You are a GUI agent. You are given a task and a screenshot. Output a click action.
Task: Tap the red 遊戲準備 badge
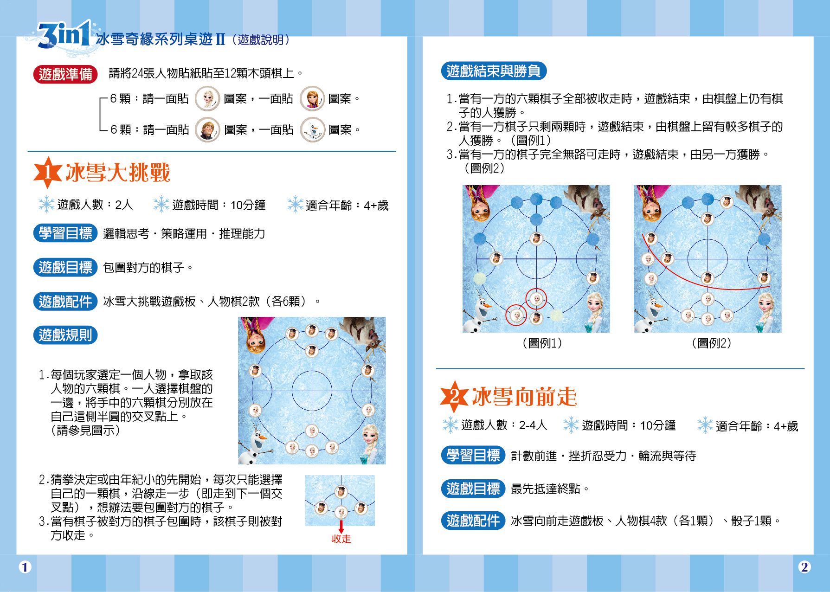(65, 74)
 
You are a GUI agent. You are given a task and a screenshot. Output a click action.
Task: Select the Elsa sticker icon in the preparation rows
(206, 98)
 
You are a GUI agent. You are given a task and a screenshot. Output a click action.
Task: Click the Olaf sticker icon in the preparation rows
(312, 130)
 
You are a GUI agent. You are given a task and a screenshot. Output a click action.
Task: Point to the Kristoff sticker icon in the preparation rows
(207, 130)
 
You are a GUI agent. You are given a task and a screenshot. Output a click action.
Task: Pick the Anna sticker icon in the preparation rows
(312, 98)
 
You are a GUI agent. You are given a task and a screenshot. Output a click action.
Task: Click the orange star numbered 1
(48, 173)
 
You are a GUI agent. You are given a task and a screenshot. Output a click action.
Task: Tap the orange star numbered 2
(454, 397)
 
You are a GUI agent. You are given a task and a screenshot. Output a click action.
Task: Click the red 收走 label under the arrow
(341, 539)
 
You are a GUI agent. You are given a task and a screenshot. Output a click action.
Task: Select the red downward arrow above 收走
(341, 527)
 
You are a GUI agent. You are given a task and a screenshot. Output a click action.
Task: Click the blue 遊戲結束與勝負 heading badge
(493, 71)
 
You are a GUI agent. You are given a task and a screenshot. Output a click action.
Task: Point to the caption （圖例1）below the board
(542, 343)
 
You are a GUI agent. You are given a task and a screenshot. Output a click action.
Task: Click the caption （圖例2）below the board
(711, 343)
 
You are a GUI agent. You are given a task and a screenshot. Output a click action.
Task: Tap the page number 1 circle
(25, 567)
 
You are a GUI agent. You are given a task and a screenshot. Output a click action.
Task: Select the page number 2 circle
(804, 567)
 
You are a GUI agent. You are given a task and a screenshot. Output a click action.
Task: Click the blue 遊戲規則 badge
(65, 335)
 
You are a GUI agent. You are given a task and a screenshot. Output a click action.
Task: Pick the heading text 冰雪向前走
(524, 397)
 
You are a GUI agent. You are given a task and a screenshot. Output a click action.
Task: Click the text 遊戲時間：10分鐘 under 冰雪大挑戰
(219, 205)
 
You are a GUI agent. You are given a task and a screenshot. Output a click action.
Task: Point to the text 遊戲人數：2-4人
(504, 425)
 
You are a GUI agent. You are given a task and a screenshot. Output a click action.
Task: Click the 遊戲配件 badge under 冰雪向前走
(473, 521)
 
